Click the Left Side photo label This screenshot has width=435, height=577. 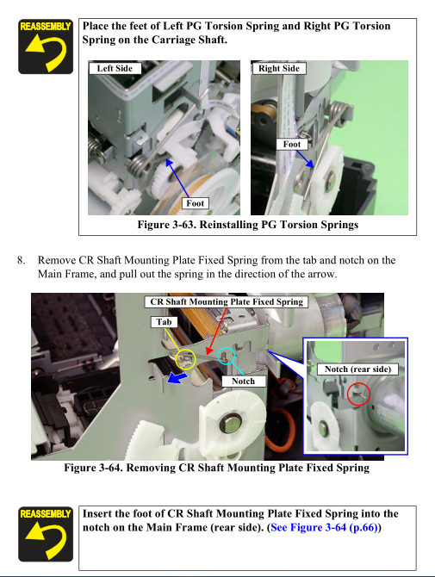click(x=115, y=68)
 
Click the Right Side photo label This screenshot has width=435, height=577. click(x=279, y=68)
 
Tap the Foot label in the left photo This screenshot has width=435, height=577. click(x=195, y=203)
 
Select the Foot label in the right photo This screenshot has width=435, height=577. click(x=292, y=145)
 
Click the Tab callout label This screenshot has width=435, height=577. click(x=164, y=322)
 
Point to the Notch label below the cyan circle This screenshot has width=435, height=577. click(x=243, y=382)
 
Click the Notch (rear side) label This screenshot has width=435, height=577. click(x=357, y=369)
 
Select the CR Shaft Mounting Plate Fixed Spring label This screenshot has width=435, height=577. click(x=227, y=301)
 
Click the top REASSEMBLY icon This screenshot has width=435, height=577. click(x=46, y=47)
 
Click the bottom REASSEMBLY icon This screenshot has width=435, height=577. click(x=46, y=534)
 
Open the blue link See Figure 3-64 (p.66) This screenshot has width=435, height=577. click(x=324, y=528)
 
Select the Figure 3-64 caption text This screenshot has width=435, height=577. click(x=217, y=468)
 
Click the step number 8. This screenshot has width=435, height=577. click(x=22, y=260)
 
